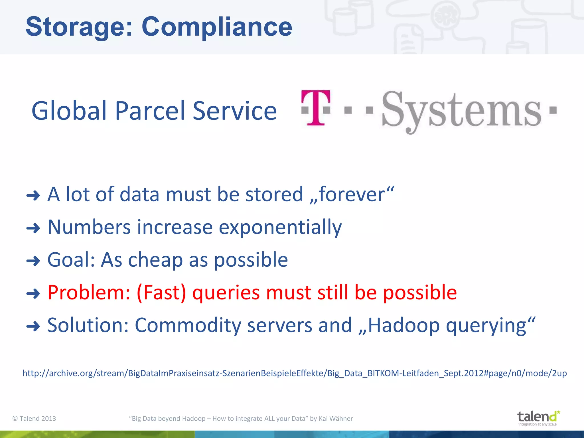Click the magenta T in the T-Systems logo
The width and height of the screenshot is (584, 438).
316,108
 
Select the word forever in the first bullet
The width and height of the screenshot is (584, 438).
352,195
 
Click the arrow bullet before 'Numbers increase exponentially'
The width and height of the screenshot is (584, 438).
33,228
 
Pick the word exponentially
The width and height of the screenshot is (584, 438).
280,228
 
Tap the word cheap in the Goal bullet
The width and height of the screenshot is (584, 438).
155,260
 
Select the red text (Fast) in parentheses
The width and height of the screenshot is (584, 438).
161,293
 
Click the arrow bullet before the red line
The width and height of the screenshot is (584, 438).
33,293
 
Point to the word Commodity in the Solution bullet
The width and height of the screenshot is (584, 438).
188,325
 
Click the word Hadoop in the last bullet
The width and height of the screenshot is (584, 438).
404,325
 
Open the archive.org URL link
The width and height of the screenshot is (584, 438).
295,373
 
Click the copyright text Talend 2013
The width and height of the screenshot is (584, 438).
35,419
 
